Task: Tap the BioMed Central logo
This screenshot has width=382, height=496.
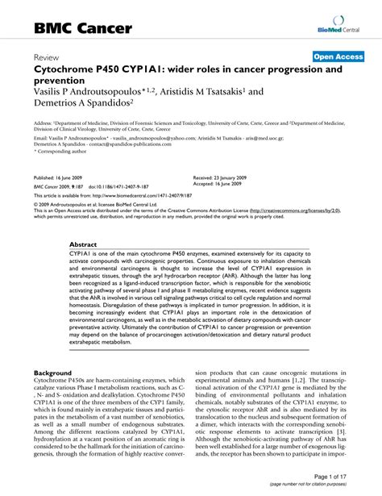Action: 339,27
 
